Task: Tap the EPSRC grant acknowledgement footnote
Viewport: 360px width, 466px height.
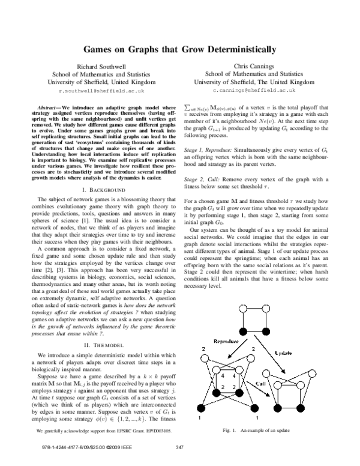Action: coord(95,431)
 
